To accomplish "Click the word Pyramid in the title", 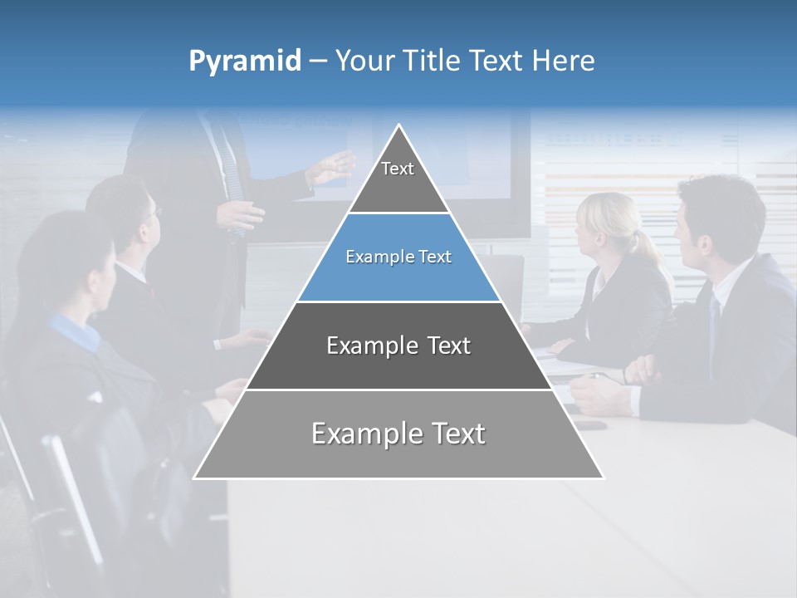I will pos(245,61).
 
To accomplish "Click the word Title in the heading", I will pos(430,61).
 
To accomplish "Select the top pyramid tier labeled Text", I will pos(398,174).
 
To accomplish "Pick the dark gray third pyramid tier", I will pos(398,346).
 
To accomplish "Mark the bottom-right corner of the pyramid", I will pos(603,478).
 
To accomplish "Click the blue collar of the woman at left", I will pos(75,328).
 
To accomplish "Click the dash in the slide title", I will pos(318,61).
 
